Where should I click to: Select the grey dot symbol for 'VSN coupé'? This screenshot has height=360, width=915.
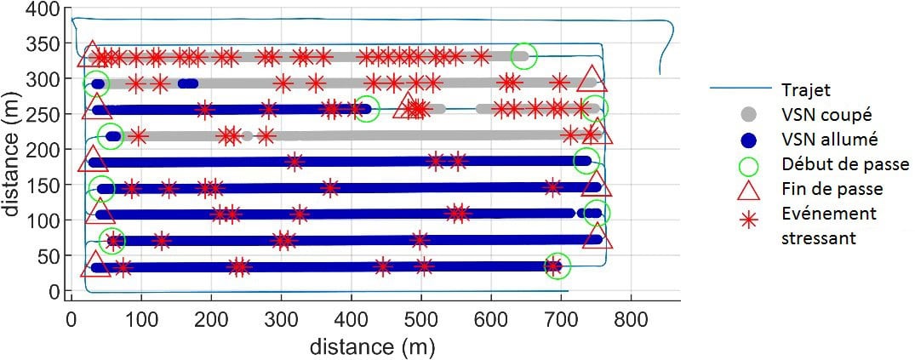(749, 114)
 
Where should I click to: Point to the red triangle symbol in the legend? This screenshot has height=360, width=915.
(749, 189)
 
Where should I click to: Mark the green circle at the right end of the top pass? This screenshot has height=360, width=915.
(523, 56)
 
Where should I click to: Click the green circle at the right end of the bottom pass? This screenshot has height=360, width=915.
(557, 266)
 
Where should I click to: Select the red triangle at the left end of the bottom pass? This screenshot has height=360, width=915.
(95, 266)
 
